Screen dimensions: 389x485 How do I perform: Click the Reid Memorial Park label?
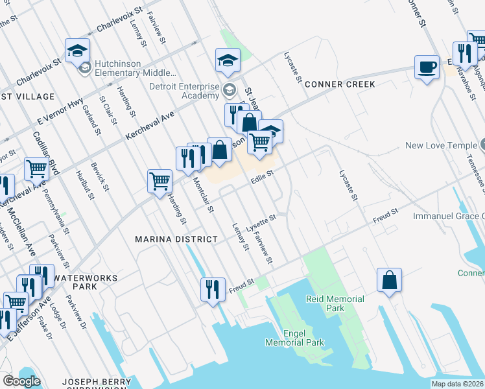335,303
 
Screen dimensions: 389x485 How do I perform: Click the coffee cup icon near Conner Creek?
427,67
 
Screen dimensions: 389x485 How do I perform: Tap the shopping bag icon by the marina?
389,280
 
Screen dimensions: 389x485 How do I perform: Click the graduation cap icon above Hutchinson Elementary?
77,51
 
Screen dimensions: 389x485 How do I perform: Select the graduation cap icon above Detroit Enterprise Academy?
228,61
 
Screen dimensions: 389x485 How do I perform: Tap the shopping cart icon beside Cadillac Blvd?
37,169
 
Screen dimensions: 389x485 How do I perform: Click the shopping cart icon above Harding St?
160,181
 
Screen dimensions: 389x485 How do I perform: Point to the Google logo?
21,381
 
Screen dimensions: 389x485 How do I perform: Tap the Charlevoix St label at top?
119,20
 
